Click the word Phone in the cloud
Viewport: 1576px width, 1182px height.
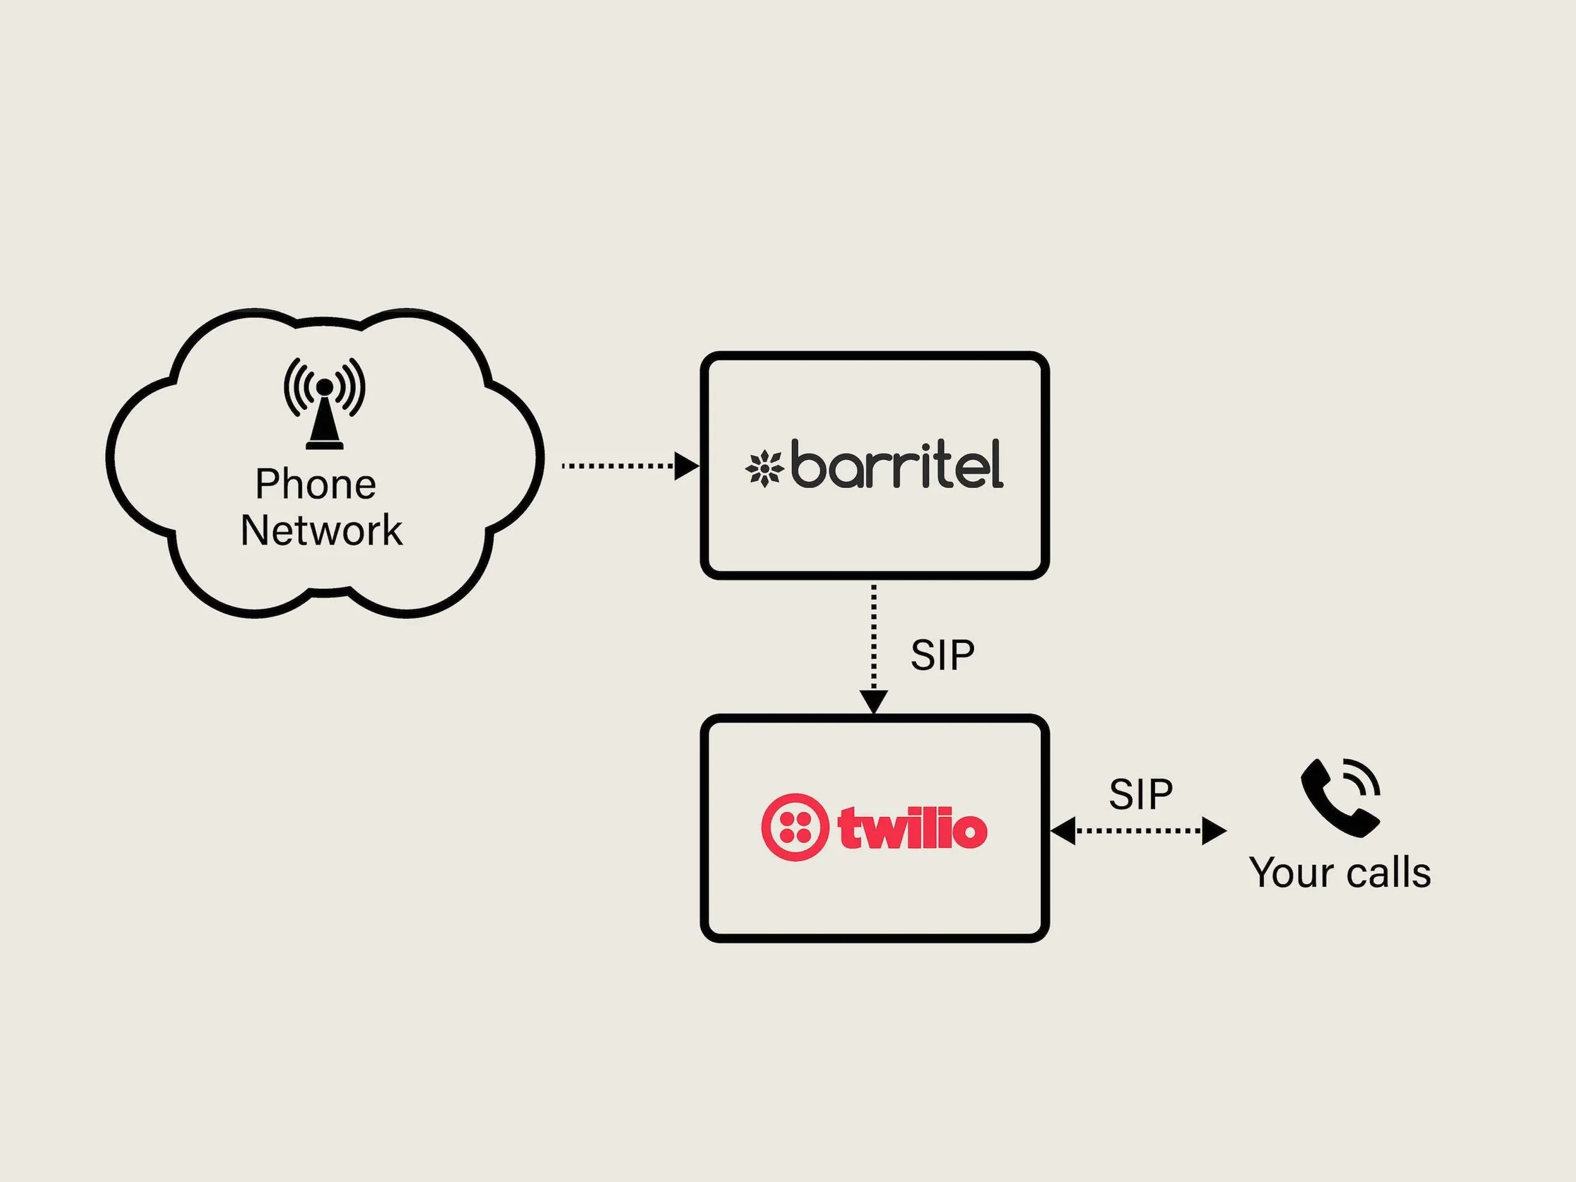click(316, 485)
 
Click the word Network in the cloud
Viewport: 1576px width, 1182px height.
click(322, 531)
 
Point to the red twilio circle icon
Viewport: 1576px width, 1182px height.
click(794, 827)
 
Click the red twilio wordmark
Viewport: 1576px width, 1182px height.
click(913, 828)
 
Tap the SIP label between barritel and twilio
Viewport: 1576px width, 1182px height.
click(942, 655)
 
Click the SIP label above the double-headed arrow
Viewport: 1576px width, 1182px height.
click(1140, 794)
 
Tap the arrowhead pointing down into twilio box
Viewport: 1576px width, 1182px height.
click(874, 701)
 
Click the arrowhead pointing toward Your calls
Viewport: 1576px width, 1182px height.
click(1214, 831)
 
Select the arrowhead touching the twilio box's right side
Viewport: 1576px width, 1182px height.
click(1063, 831)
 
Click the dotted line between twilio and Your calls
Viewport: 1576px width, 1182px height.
click(1139, 831)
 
